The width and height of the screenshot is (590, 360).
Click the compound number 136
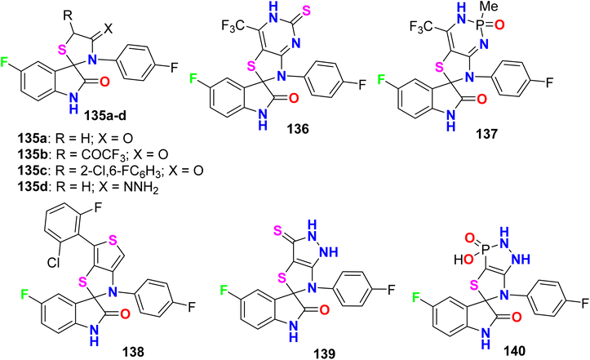299,129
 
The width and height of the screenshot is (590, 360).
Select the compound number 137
487,133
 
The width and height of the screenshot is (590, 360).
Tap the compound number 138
133,352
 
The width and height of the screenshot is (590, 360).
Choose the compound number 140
514,350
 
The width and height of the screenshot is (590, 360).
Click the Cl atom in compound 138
54,263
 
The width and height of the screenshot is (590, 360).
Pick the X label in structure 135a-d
108,29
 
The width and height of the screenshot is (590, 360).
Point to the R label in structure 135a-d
68,16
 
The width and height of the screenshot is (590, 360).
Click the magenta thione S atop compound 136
307,10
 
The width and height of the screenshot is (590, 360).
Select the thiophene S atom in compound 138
111,238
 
